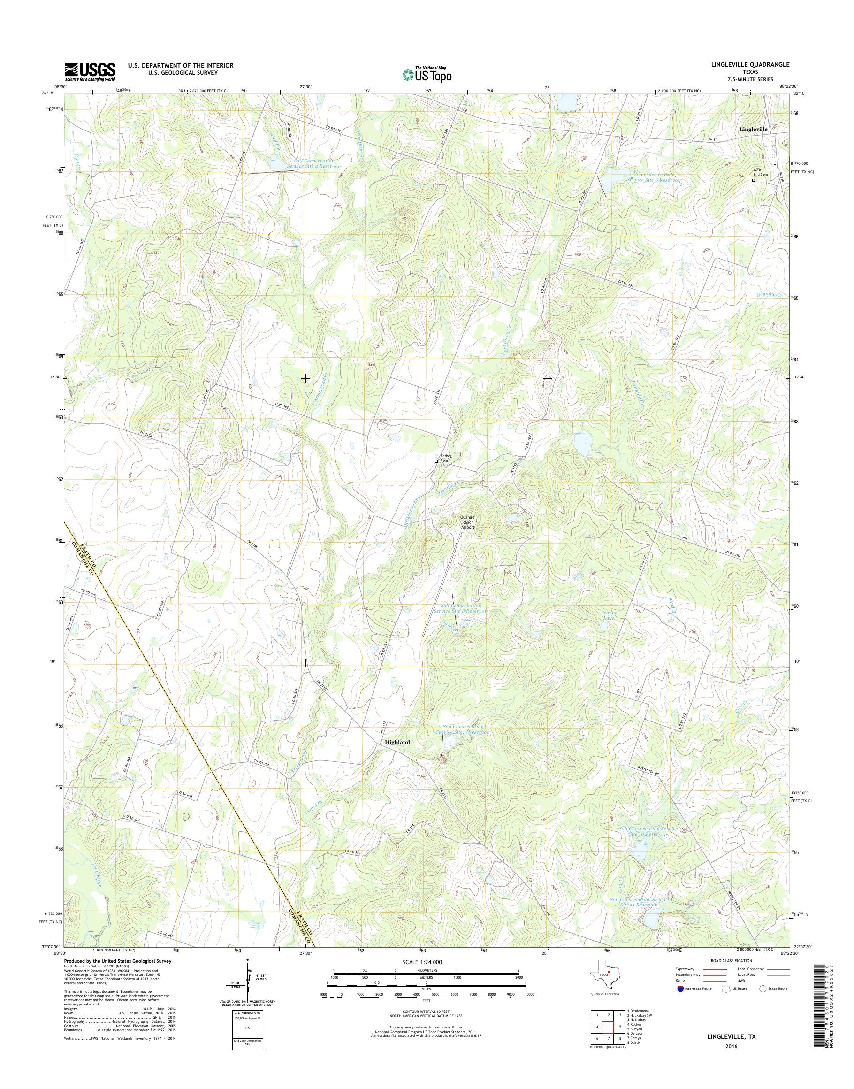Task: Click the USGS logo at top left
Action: click(x=90, y=72)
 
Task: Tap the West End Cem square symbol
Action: click(x=754, y=181)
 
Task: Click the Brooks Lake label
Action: click(x=609, y=615)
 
